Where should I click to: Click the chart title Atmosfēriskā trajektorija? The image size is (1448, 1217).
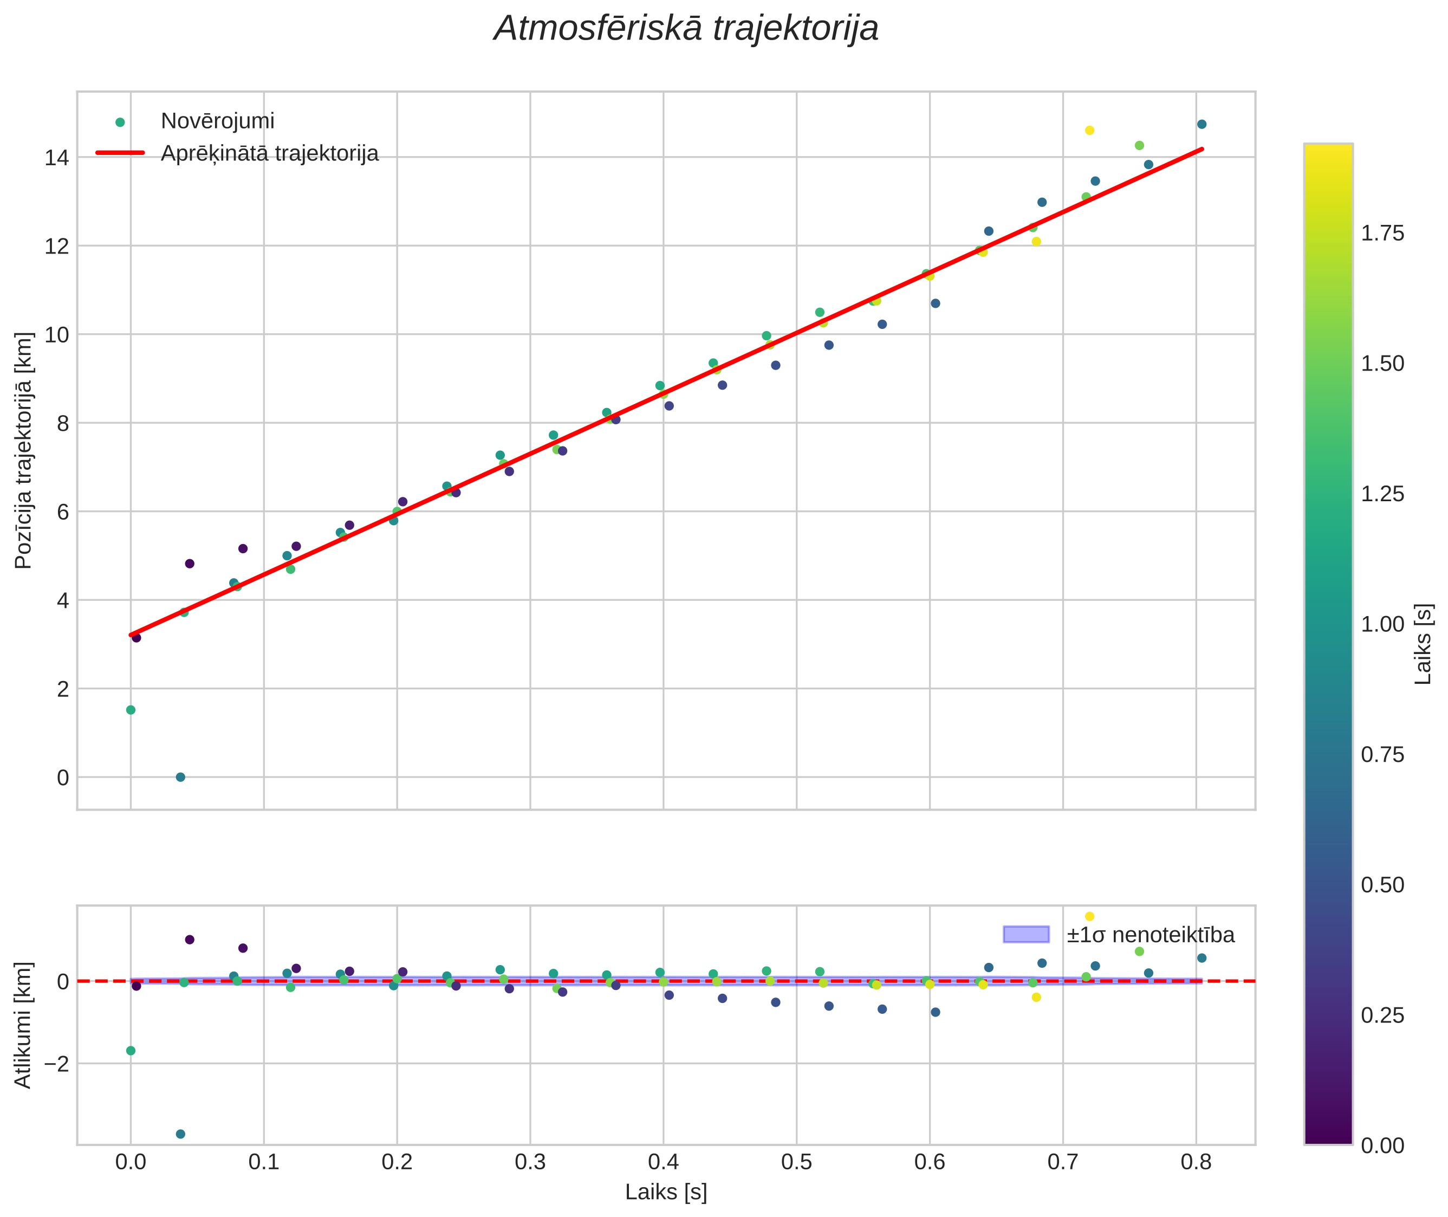coord(686,29)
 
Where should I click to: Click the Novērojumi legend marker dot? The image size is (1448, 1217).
coord(120,122)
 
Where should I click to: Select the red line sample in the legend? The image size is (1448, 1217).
coord(120,152)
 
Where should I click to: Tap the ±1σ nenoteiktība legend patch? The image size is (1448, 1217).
coord(1026,934)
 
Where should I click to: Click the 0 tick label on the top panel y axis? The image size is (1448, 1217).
coord(63,778)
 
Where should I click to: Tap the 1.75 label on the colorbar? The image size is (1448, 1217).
coord(1382,233)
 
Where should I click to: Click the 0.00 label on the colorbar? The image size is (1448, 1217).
coord(1382,1145)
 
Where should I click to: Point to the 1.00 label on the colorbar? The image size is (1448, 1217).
coord(1382,624)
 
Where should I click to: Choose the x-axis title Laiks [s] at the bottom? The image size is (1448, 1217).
coord(666,1192)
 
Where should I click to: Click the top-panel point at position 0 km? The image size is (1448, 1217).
coord(180,777)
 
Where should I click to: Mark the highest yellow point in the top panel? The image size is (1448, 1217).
coord(1089,131)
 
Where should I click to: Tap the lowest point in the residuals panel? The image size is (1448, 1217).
coord(180,1134)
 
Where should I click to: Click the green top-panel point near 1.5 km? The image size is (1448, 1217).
coord(131,710)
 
